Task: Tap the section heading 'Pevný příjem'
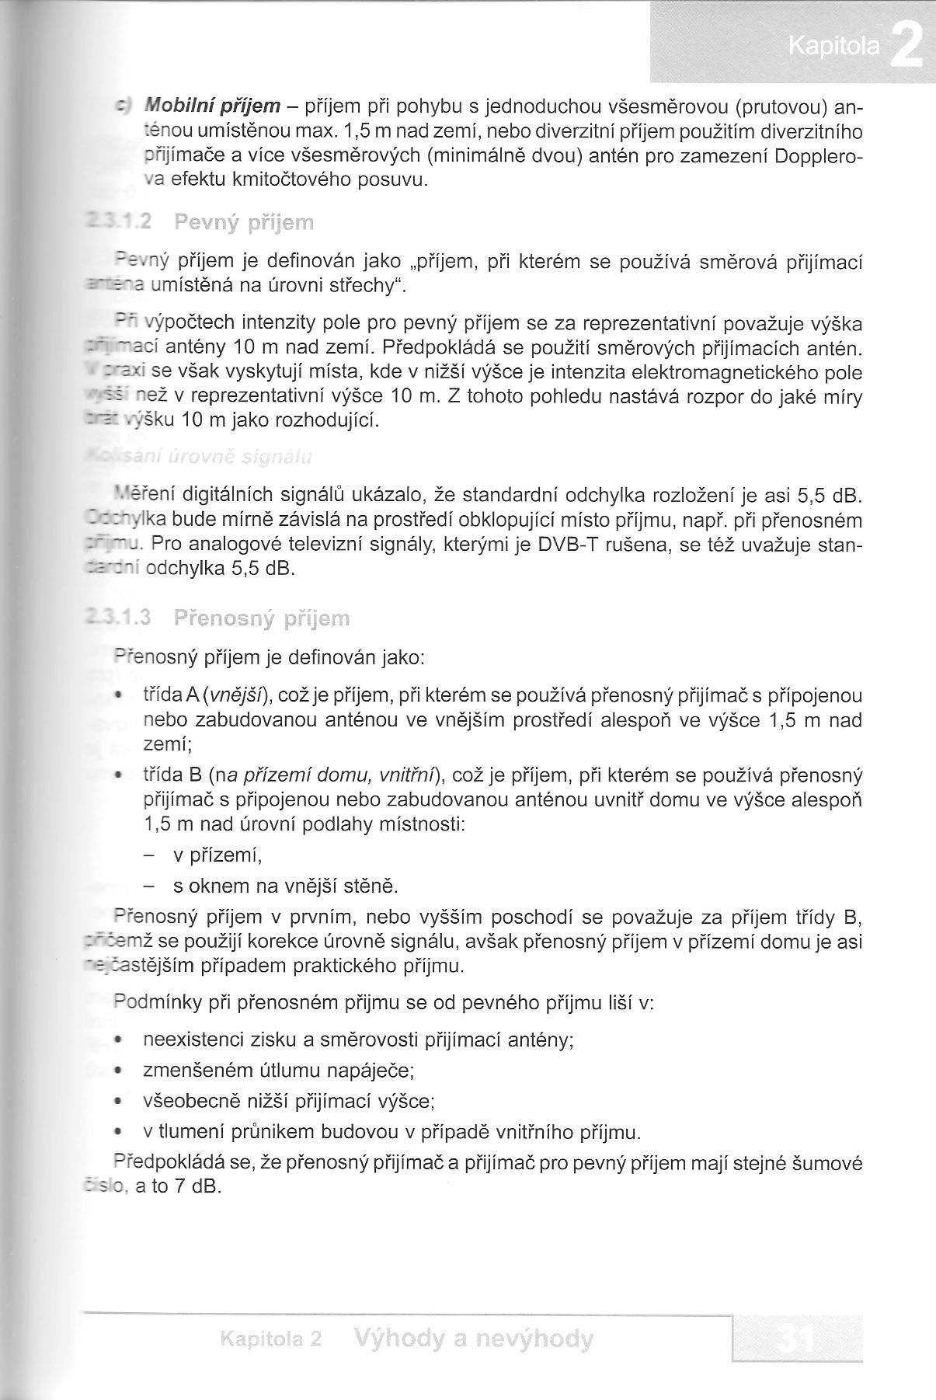244,224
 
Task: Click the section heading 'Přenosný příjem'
262,618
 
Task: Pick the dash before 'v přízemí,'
149,856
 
